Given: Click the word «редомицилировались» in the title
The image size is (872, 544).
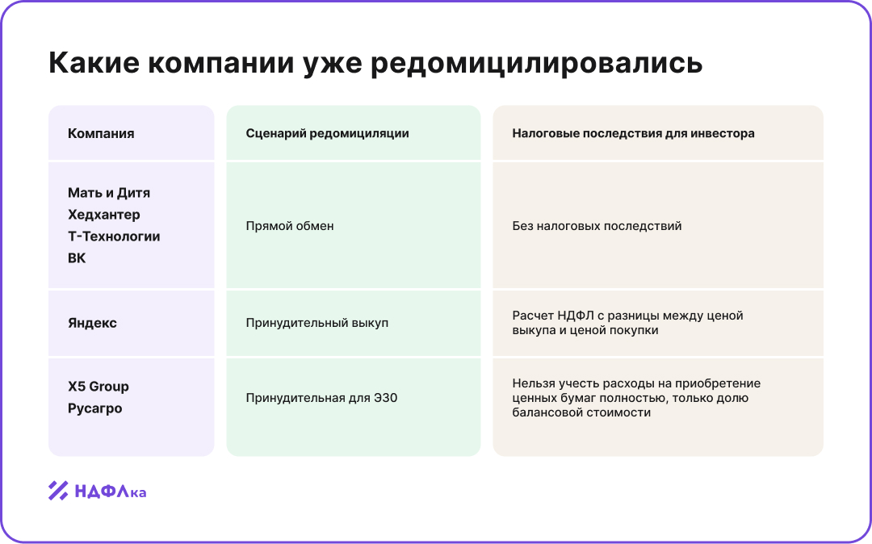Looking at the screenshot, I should pos(536,64).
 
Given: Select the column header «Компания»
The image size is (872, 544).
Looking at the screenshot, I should pos(101,133).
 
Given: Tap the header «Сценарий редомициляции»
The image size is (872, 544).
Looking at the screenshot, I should pos(327,133).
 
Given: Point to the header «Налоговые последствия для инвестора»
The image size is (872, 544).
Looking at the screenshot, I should pos(633,133).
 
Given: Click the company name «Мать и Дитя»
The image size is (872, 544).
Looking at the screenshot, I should pos(109,193).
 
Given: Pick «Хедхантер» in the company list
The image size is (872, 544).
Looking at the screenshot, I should pos(104,215).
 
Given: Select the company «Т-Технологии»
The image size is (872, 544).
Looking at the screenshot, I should pos(114,236).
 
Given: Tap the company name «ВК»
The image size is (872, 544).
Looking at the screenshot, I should pos(77,258).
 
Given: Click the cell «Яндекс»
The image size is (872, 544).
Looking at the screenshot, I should pos(92,323).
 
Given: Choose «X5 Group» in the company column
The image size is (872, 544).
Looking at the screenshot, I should pos(99,387).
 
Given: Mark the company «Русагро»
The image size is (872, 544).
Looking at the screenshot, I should pos(95,408).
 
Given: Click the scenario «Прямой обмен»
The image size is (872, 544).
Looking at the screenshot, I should pos(290,226).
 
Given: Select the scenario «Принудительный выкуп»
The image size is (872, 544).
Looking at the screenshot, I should pos(317,323).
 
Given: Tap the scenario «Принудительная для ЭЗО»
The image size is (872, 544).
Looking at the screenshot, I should pos(321,398).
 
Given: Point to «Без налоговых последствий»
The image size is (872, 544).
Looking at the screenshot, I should pos(597,226).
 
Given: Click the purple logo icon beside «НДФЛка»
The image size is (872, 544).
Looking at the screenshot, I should pos(58,491).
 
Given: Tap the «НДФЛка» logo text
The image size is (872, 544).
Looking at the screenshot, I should pos(111,491).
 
